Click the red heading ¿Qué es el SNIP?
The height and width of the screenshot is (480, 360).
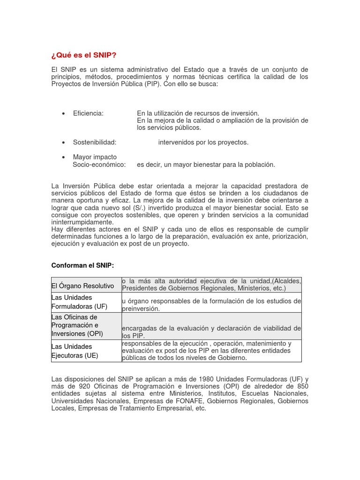[83, 55]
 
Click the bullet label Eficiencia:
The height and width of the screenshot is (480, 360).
[88, 113]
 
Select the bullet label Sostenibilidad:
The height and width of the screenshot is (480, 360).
[94, 142]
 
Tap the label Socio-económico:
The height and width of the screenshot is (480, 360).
[99, 165]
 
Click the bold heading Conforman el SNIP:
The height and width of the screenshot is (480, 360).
[82, 265]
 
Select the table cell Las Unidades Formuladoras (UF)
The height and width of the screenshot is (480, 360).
[79, 302]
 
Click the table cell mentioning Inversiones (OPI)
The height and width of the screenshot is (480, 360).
[77, 334]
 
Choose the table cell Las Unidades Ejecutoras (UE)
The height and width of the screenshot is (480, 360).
[75, 351]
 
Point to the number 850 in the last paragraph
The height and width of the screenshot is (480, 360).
[302, 386]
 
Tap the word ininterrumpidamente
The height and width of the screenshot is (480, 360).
[82, 222]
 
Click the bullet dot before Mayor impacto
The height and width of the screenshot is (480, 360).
[63, 157]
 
